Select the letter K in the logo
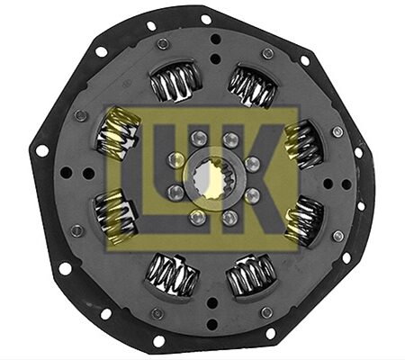tap(255, 179)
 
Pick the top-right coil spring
tap(252, 86)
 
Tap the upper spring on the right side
tap(304, 145)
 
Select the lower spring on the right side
tap(304, 220)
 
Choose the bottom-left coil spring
tap(173, 276)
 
